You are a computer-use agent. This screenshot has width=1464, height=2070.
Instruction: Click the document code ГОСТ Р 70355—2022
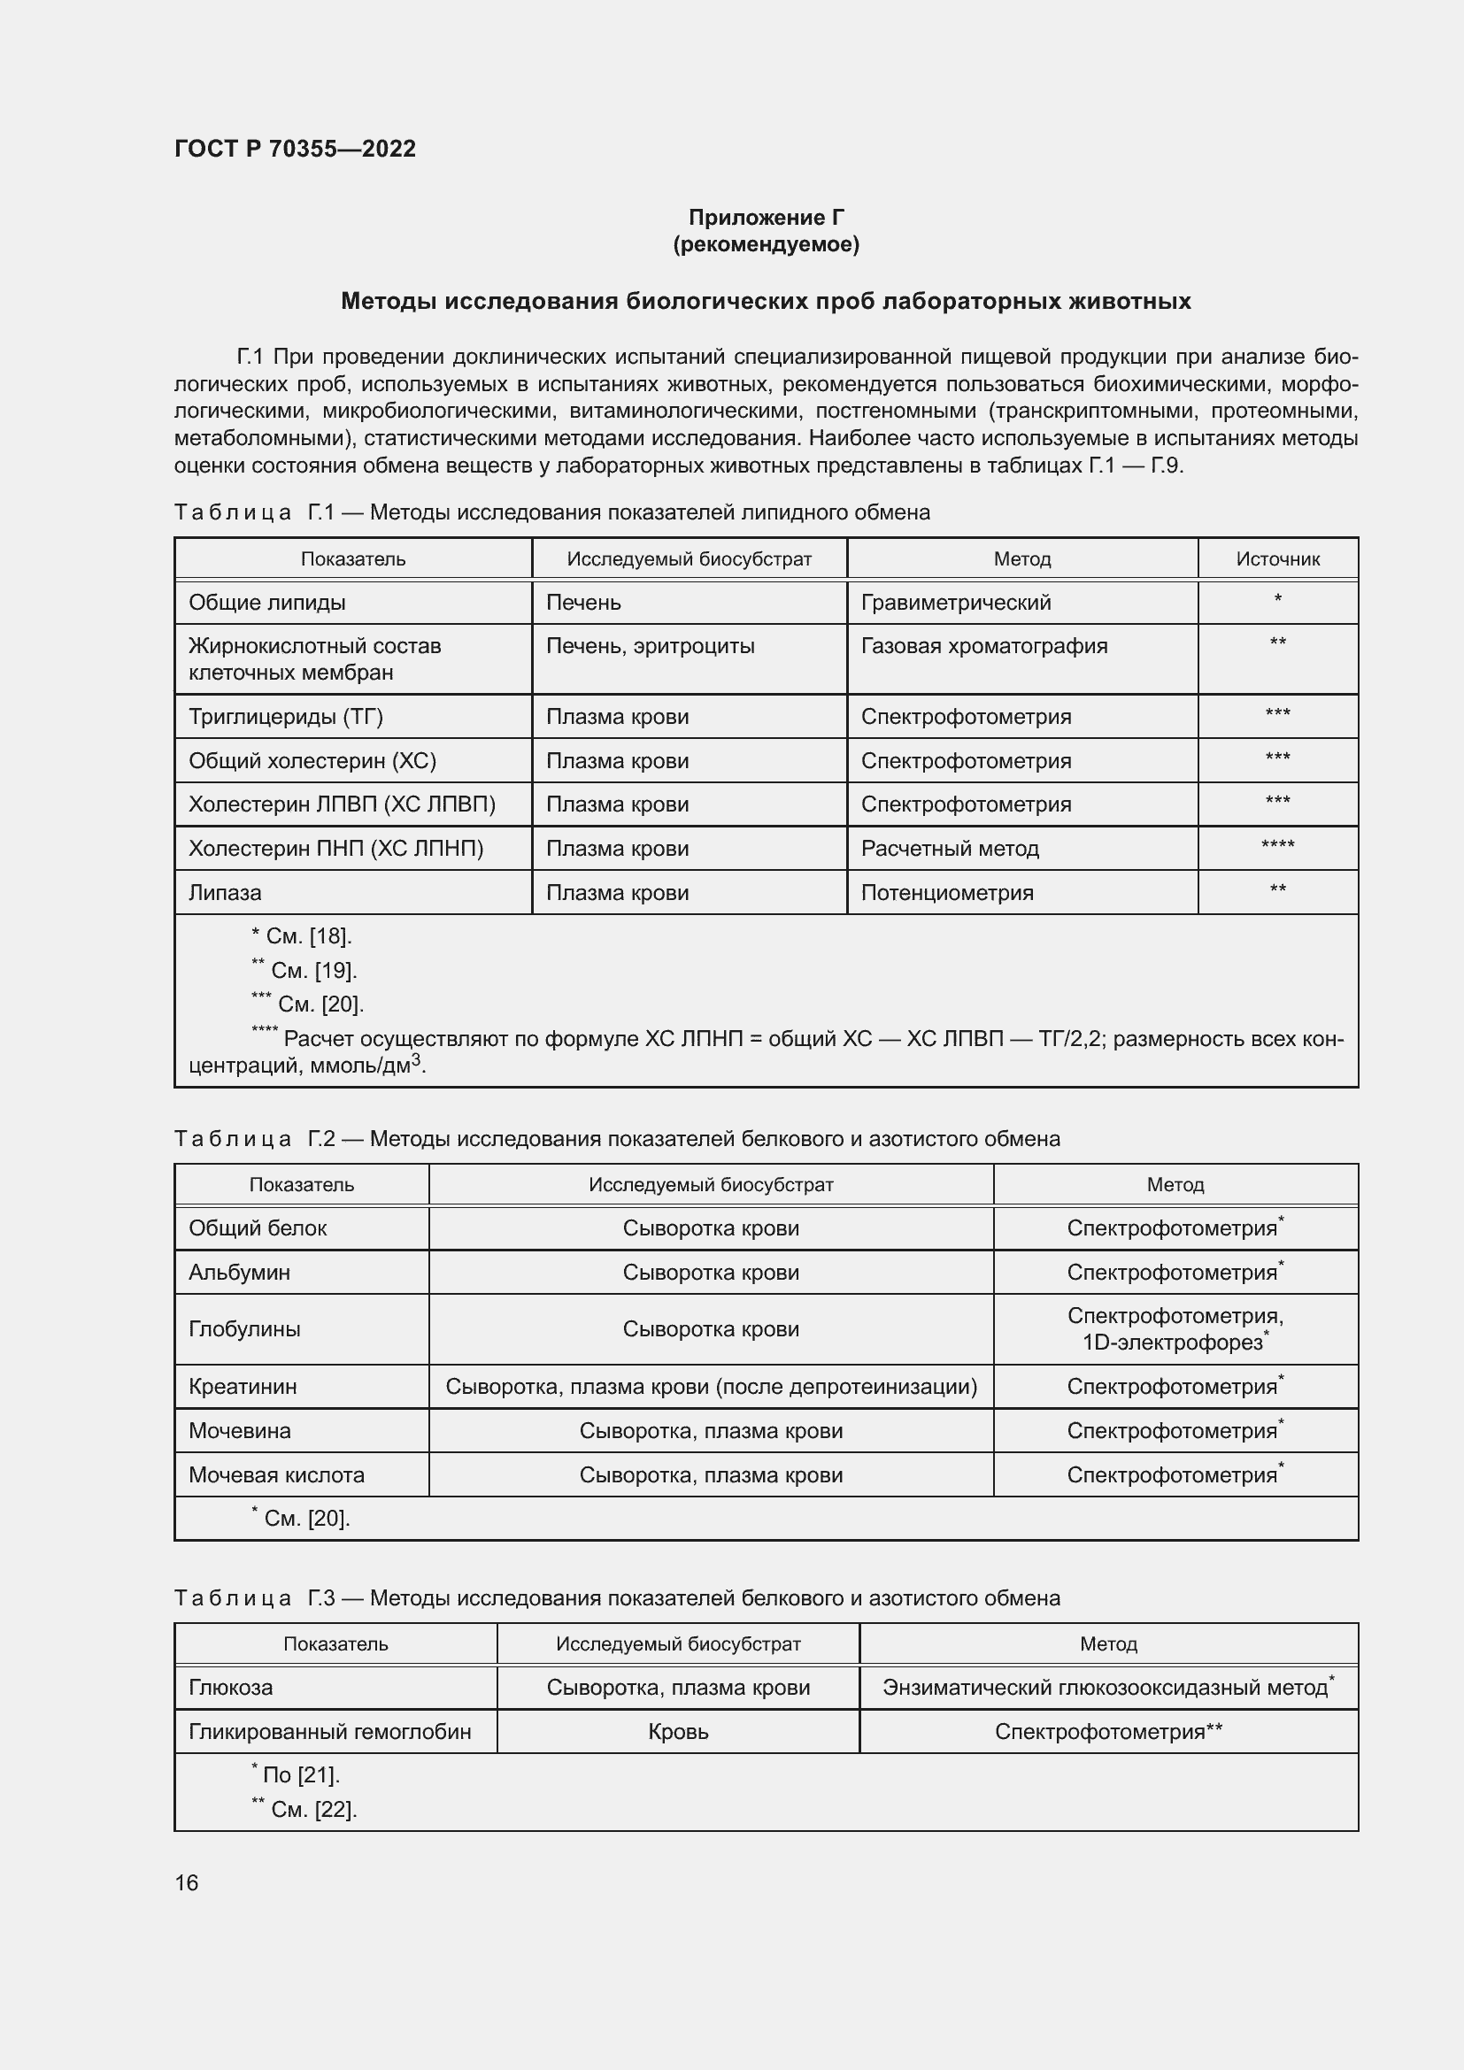click(295, 149)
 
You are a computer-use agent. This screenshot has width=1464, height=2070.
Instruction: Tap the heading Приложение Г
click(766, 218)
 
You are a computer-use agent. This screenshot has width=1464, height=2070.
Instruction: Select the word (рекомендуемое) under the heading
click(766, 244)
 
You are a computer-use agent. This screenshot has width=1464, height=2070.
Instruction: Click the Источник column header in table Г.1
click(1276, 559)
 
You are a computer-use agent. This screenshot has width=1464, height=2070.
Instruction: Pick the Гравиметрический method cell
click(956, 603)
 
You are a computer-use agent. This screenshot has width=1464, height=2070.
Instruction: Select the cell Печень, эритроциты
click(650, 645)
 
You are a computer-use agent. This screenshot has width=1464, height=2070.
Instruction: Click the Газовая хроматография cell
click(983, 645)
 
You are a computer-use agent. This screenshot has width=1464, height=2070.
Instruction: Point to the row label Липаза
click(225, 893)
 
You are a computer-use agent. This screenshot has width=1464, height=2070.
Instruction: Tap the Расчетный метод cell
click(949, 849)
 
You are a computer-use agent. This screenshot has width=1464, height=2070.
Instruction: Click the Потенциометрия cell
click(946, 893)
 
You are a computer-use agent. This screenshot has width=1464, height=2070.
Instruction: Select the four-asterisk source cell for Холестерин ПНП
click(1276, 846)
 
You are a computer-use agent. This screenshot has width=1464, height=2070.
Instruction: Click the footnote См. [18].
click(302, 936)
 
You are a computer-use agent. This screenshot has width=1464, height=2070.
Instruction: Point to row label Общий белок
click(257, 1228)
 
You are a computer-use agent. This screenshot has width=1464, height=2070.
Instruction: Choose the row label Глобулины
click(244, 1329)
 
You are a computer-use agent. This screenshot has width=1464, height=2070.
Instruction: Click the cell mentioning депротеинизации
click(711, 1387)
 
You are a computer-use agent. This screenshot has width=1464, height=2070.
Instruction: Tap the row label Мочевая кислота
click(276, 1475)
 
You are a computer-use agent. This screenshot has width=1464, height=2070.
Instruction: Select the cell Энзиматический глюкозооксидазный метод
click(1107, 1687)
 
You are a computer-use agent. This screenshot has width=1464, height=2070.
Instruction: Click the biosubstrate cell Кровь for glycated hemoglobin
click(678, 1732)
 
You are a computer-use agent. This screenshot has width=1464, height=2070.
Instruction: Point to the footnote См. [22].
click(305, 1810)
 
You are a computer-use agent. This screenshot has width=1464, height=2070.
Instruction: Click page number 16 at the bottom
click(187, 1882)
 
